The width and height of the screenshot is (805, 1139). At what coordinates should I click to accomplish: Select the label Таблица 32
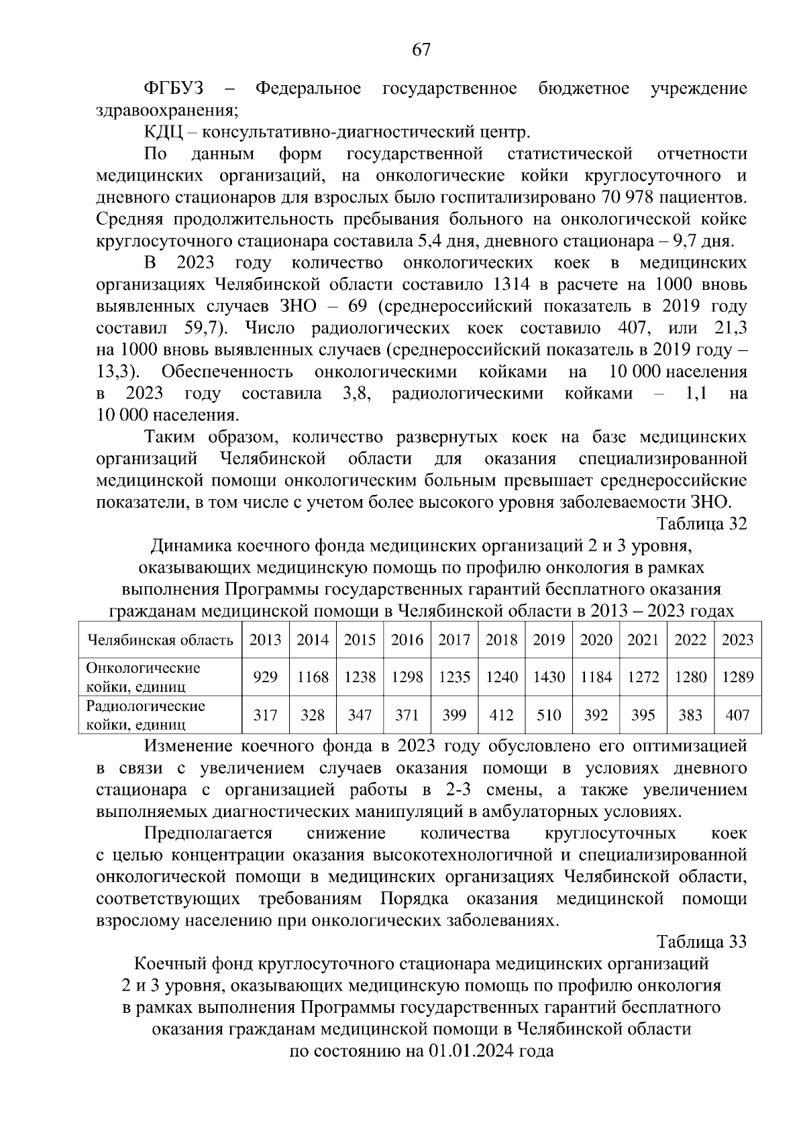(702, 524)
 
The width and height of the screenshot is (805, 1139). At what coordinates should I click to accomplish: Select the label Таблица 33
(702, 942)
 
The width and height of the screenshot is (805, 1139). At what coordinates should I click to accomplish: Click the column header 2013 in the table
(266, 639)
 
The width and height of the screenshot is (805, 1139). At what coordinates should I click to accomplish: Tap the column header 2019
(549, 639)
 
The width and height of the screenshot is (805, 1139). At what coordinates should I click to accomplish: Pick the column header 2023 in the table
(737, 639)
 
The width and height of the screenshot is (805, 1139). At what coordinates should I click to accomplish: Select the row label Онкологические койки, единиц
(144, 677)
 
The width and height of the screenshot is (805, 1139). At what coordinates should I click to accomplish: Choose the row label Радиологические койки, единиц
(146, 715)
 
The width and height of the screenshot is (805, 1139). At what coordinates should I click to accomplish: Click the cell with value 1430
(549, 677)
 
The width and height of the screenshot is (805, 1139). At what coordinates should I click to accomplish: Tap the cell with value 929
(266, 677)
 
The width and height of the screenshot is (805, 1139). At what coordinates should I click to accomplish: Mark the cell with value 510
(549, 715)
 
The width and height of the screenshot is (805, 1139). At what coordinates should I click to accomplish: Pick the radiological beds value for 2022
(690, 715)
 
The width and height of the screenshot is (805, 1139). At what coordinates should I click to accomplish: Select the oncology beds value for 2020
(596, 677)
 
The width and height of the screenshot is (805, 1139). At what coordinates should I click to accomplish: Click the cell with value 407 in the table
(737, 715)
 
